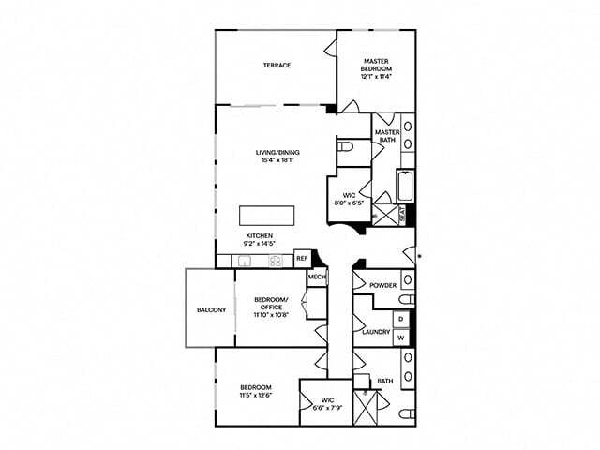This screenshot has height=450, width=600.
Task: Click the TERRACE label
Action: coord(276,66)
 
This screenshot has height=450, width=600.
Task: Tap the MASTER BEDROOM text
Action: coord(377,65)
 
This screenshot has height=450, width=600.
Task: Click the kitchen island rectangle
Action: coord(267,214)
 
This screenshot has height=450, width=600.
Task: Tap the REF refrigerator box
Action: coord(302,259)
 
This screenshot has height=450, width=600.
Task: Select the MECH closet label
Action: coord(316,277)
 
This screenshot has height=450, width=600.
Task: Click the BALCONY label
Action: coord(210,309)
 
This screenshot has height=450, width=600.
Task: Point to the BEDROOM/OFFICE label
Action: coord(271,305)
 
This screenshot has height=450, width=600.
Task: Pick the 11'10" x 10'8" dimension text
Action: coord(271,315)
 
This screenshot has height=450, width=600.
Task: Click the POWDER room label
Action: coord(382,285)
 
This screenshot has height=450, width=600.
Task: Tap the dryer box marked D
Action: coord(400,319)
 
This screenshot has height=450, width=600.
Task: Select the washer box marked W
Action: coord(400,337)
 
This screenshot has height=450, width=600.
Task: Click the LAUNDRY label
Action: coord(376,332)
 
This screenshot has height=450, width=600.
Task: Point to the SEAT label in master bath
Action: coord(403,215)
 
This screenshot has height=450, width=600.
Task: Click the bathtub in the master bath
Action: coord(405,186)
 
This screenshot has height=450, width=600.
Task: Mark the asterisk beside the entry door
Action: coord(419,256)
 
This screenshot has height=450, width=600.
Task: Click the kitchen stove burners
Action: coord(276,261)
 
